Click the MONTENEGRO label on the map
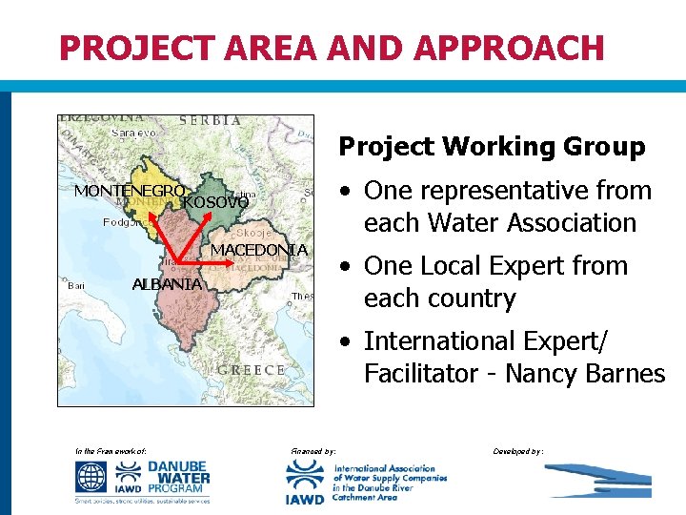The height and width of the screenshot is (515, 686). (130, 191)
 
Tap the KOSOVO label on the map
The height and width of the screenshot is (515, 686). (215, 202)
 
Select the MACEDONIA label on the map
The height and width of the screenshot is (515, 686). (258, 250)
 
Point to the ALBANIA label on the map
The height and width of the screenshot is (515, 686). (167, 284)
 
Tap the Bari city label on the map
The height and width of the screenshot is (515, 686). (78, 284)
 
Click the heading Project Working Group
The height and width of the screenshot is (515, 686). (492, 147)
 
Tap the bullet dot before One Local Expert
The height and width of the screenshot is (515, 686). (349, 267)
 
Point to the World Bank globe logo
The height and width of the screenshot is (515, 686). (92, 475)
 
